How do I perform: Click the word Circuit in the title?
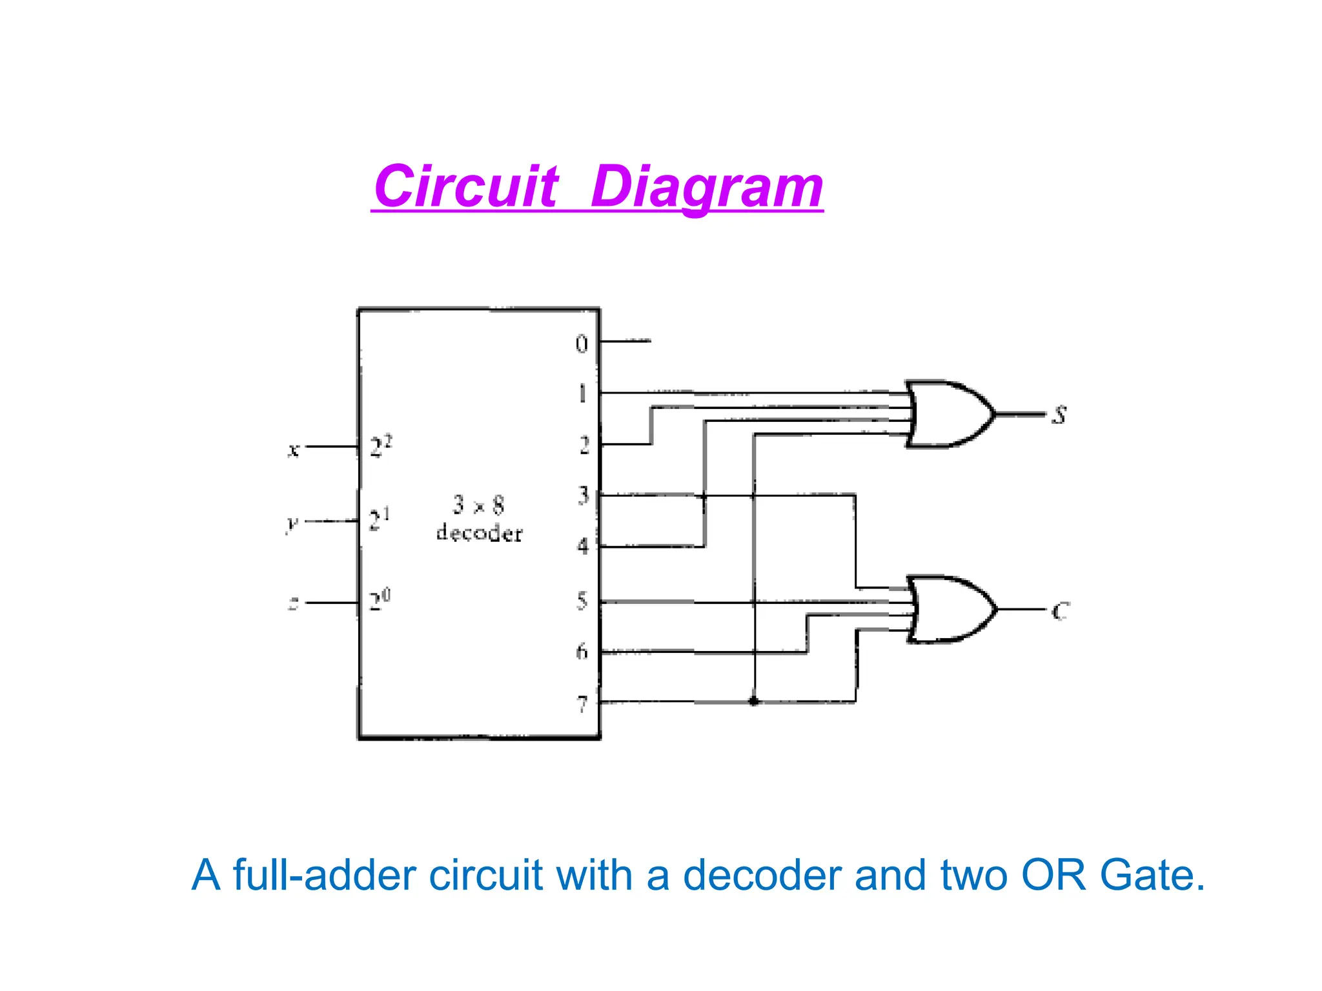click(465, 186)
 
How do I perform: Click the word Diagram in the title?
click(707, 186)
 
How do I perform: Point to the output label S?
click(1059, 415)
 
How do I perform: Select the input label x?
click(294, 449)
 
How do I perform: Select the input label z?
click(294, 604)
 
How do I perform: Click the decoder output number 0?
click(582, 344)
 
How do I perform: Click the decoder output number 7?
click(582, 704)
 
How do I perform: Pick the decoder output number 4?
click(583, 546)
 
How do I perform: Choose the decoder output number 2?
click(584, 445)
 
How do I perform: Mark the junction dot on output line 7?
click(753, 701)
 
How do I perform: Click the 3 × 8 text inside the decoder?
click(478, 505)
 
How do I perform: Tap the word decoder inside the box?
click(479, 533)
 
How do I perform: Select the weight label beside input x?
click(380, 446)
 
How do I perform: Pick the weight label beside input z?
click(380, 600)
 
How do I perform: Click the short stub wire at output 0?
click(625, 341)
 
